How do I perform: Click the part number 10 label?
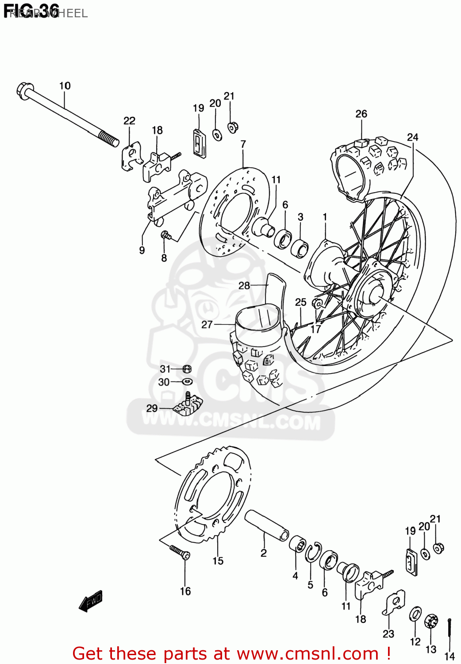click(x=65, y=86)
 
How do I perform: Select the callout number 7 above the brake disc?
click(x=243, y=144)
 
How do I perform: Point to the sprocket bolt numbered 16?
click(x=180, y=552)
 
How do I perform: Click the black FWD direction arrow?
click(x=91, y=602)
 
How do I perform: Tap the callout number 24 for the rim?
click(x=412, y=137)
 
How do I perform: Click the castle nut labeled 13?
click(x=431, y=622)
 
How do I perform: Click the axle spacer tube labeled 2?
click(x=267, y=525)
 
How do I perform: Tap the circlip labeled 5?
click(x=313, y=552)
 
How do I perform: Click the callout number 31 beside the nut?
click(x=165, y=369)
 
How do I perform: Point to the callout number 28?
click(x=244, y=286)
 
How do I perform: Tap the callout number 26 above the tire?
click(x=361, y=114)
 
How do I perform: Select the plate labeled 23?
click(x=394, y=602)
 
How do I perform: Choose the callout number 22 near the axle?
click(x=129, y=121)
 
